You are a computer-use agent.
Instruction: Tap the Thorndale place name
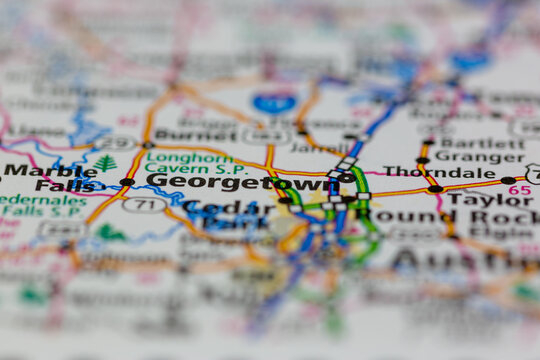pos(426,172)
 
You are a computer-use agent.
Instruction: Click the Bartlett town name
pos(468,142)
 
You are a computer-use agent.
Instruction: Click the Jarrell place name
pos(318,149)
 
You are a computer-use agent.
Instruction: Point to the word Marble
pos(36,170)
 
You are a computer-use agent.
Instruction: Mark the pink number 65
pos(519,189)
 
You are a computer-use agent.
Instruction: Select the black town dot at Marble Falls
pos(127,182)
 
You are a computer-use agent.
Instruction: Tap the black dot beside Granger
pos(423,160)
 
